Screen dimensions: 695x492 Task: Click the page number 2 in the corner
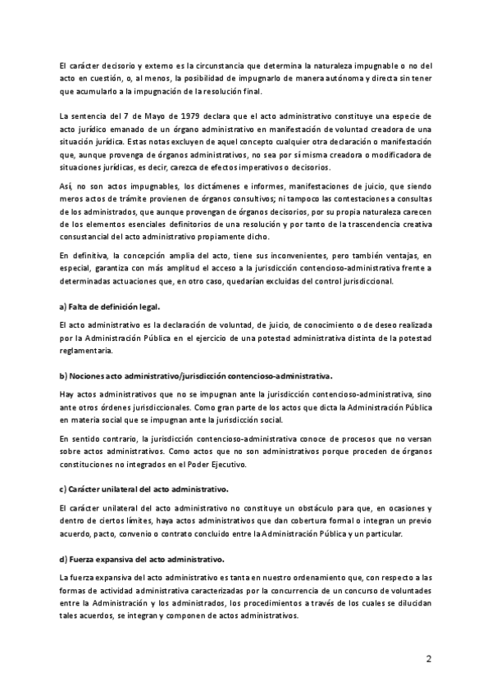click(428, 658)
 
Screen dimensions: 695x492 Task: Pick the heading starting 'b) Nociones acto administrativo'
click(196, 376)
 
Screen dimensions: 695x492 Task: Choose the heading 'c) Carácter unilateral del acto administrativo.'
click(143, 488)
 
